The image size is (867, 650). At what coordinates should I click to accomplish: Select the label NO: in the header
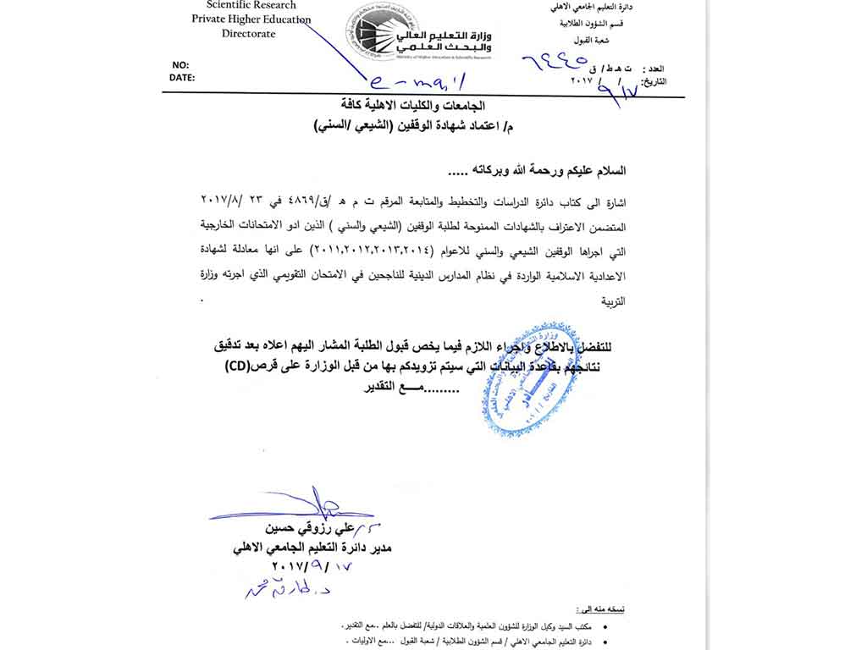[x=180, y=65]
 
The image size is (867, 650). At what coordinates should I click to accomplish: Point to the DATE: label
[x=181, y=77]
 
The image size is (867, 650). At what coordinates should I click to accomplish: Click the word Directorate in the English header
[x=249, y=34]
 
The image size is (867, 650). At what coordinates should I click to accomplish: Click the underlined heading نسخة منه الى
[x=599, y=609]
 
